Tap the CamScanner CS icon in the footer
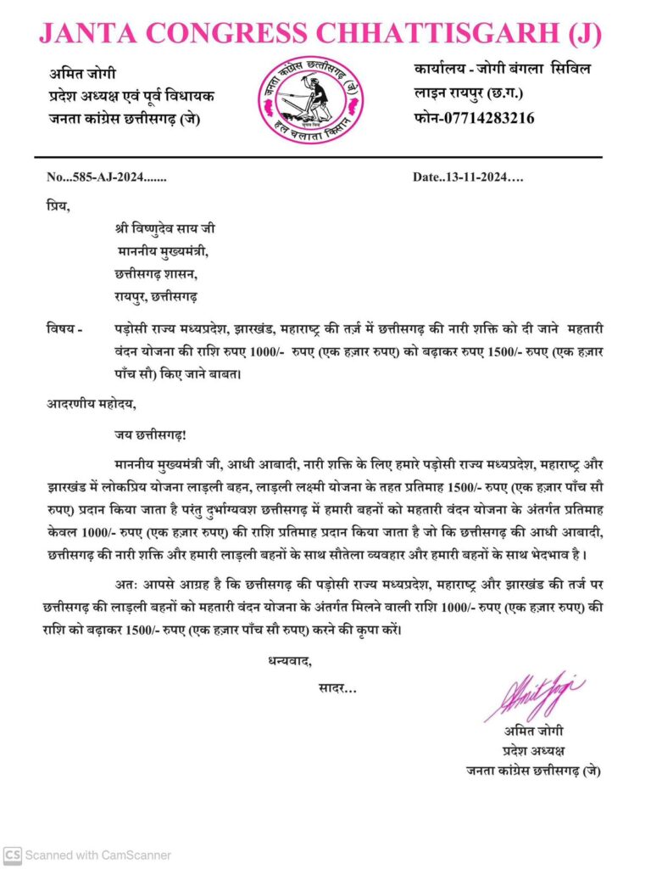pos(12,855)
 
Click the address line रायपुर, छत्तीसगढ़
pos(156,297)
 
